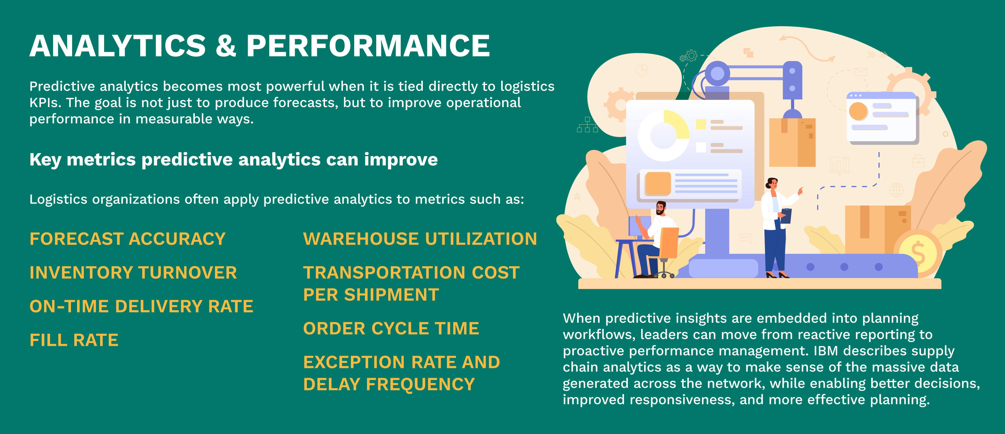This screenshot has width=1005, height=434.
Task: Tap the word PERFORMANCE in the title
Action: [x=368, y=46]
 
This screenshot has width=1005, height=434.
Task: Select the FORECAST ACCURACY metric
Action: [x=128, y=239]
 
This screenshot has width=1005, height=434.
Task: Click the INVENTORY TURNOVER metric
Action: [x=133, y=273]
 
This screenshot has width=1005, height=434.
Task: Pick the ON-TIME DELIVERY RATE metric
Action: [x=141, y=306]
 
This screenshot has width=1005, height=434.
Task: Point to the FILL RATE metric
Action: [x=74, y=340]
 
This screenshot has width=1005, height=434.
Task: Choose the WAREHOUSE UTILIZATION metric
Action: [x=420, y=239]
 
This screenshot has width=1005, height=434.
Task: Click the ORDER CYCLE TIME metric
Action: [x=391, y=328]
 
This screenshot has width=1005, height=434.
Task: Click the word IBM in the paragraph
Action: [x=826, y=351]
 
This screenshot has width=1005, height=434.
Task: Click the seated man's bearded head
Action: [x=660, y=208]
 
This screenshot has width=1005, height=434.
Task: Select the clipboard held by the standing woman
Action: [x=786, y=216]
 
